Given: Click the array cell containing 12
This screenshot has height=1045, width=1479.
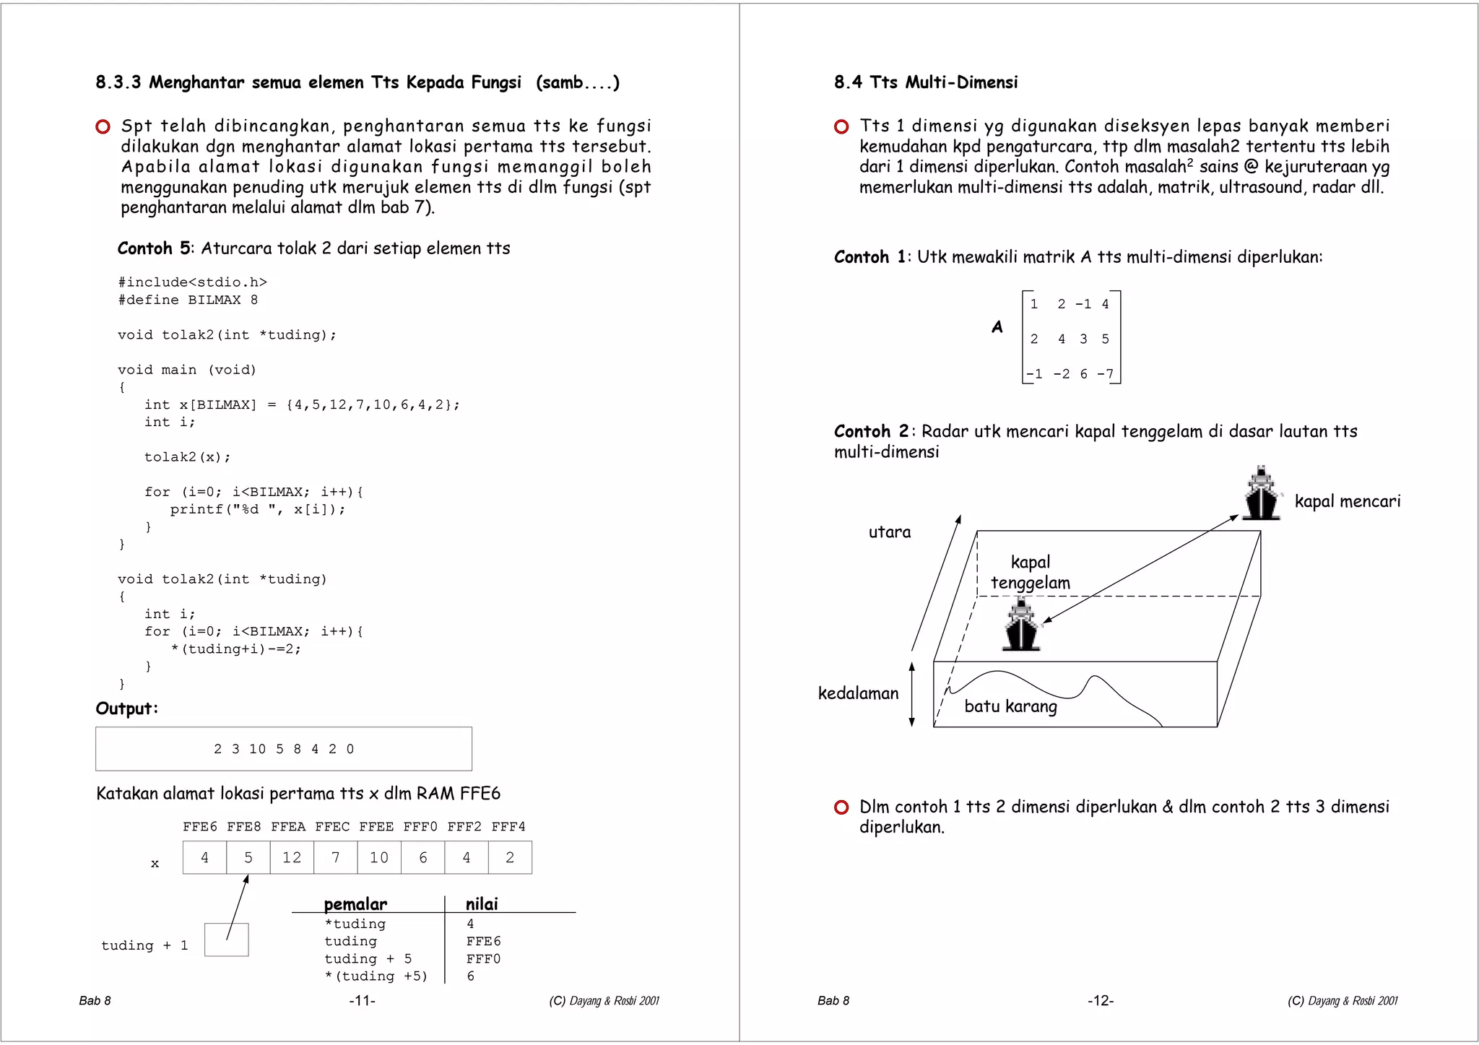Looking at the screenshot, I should pos(292,857).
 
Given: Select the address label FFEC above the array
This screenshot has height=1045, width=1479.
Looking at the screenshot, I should pos(332,826).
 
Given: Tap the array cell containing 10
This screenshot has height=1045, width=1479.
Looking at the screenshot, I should pos(379,857).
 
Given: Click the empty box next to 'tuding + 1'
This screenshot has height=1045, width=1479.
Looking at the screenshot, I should pos(226,940).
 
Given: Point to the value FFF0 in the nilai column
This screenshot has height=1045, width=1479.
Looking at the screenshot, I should pos(483,958).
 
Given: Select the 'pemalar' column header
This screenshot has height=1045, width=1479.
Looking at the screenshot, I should pos(355,903).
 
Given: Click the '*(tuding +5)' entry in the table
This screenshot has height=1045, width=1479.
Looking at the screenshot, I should pos(376,976).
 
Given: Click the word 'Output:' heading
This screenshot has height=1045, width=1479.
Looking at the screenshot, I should pos(126,708).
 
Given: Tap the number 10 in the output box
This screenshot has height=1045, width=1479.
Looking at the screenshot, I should pos(258,749).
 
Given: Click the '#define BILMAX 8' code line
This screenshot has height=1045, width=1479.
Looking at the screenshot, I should pos(188,300).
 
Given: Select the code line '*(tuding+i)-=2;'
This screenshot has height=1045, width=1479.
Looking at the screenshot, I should pos(236,649).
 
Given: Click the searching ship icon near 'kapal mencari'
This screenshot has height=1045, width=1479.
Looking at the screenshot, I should pos(1261,493).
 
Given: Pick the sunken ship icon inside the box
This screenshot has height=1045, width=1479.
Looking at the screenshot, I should pos(1021,625).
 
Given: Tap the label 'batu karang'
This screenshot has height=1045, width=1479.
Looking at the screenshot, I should pos(1010,706).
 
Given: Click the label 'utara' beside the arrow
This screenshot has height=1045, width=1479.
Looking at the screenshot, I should pos(889,532).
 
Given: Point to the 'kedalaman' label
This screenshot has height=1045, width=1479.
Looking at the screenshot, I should pos(858,693).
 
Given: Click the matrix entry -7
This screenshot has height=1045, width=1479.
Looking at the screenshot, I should pos(1106,373).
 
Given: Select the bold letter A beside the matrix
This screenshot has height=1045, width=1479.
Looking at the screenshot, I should pos(997,327).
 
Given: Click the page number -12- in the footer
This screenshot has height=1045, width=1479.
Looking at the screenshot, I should pos(1101,1000).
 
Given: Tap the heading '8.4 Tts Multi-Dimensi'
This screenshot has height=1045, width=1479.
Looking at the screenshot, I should pos(926,82).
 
